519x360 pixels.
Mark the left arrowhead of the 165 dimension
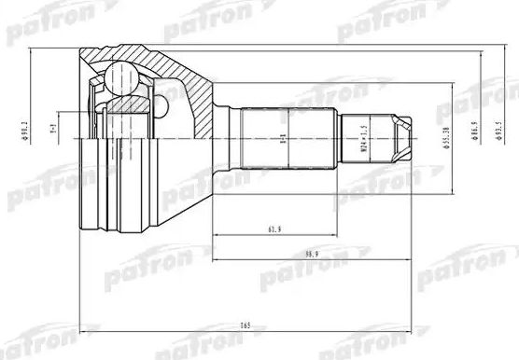[85, 329]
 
